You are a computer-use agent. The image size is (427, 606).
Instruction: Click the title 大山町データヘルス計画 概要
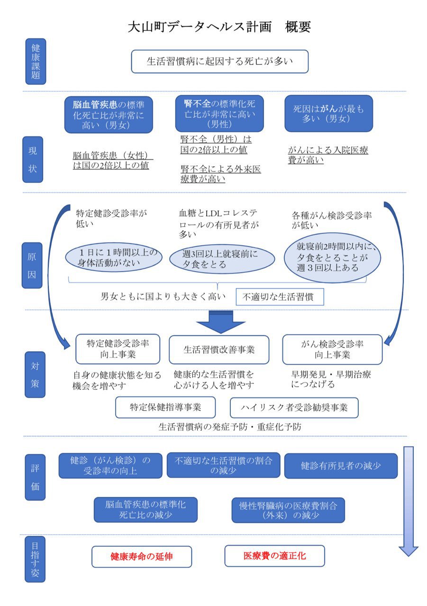(219, 27)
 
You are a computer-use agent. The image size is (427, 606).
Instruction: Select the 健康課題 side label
(36, 62)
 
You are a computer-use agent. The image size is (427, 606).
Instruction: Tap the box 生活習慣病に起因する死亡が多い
(219, 62)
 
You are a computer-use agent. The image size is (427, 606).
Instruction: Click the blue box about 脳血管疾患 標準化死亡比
(109, 114)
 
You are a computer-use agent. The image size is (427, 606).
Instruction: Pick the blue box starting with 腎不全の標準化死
(219, 113)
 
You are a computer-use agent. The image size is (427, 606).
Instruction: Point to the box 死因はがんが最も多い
(328, 114)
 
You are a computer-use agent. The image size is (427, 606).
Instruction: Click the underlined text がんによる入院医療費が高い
(328, 155)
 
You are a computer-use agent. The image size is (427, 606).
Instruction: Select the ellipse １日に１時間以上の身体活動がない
(113, 257)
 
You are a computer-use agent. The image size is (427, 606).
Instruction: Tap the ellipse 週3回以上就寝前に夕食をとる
(222, 259)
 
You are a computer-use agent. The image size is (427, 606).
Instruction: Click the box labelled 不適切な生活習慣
(280, 297)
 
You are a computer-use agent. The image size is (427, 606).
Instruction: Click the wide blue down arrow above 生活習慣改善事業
(220, 322)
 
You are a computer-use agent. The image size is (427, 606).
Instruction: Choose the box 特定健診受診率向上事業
(118, 349)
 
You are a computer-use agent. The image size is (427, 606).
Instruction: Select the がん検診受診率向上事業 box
(332, 349)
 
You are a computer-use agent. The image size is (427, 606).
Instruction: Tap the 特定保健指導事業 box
(165, 407)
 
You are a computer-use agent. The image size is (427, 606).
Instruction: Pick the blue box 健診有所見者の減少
(340, 465)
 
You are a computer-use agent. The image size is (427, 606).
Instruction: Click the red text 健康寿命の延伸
(141, 556)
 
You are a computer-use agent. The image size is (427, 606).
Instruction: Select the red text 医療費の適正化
(274, 556)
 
